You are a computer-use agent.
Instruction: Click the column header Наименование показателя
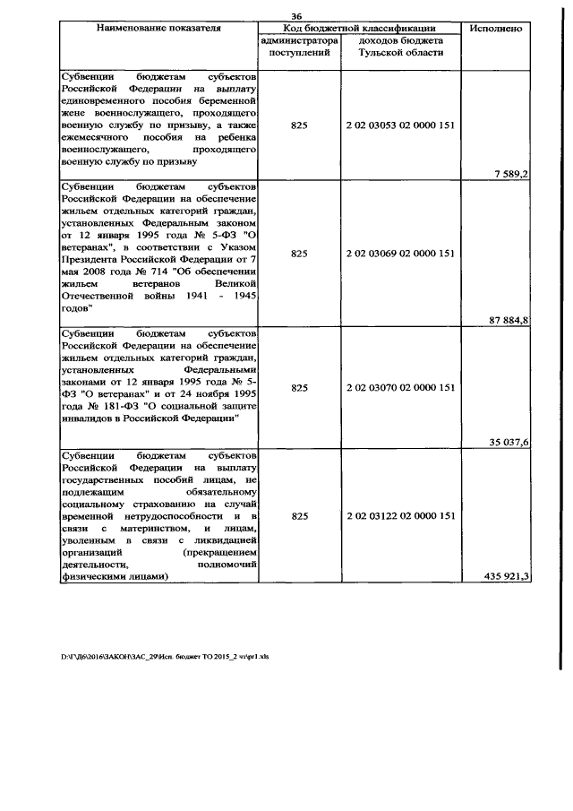158,29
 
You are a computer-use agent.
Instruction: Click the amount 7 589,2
507,173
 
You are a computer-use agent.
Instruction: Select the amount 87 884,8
504,320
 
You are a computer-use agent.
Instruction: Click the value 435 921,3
501,575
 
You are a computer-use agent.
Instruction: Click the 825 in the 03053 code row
299,125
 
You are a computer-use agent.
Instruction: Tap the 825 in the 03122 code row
299,516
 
